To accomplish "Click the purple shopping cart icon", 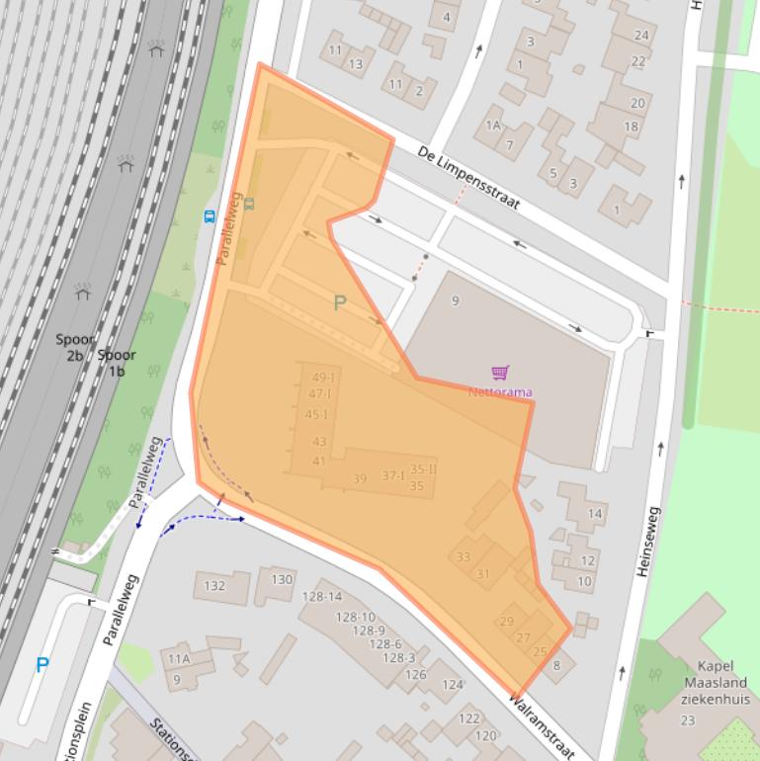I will [500, 373].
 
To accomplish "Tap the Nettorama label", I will [500, 392].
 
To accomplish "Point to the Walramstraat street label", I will [541, 727].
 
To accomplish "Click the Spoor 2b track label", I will [74, 347].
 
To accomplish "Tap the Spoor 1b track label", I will [117, 363].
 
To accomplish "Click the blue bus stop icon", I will [210, 216].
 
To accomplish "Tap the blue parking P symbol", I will [42, 665].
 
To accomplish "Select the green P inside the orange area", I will [340, 303].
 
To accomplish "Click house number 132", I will [213, 585].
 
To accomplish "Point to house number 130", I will [282, 579].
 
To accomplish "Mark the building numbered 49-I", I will [323, 378].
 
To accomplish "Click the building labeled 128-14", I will [322, 596].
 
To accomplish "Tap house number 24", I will [641, 36].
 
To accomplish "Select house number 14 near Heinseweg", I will [595, 513].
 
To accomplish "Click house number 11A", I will [179, 658].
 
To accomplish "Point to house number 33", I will [464, 556].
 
